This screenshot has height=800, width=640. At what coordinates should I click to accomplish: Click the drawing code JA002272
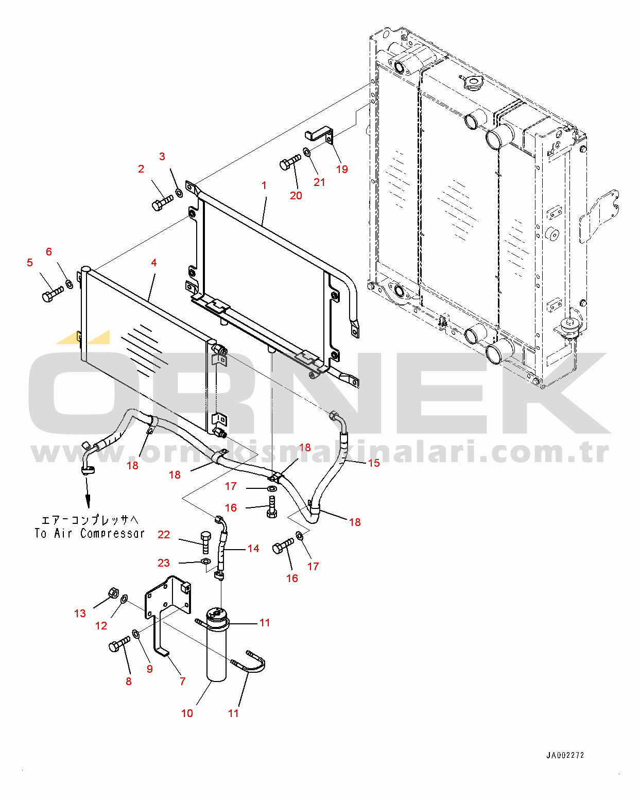coord(565,755)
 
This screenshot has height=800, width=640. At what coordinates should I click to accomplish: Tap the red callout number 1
coord(264,185)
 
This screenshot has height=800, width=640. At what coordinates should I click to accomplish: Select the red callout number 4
coord(154,262)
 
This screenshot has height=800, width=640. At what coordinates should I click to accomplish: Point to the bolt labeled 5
coord(53,294)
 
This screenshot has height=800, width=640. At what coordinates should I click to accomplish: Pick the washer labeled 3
coord(179,193)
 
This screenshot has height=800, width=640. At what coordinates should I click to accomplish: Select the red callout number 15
coord(374,463)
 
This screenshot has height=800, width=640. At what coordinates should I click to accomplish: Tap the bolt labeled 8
coord(119,644)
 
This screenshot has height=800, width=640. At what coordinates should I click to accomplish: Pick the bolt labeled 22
coord(205,542)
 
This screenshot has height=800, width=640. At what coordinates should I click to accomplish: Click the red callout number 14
coord(253,548)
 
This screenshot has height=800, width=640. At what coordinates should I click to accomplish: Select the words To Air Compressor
coord(89,533)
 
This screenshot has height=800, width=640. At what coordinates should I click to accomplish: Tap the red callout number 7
coord(182,681)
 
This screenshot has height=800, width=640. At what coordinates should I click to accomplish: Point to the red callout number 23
coord(164,563)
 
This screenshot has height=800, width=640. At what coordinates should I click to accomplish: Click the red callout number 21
coord(319,182)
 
